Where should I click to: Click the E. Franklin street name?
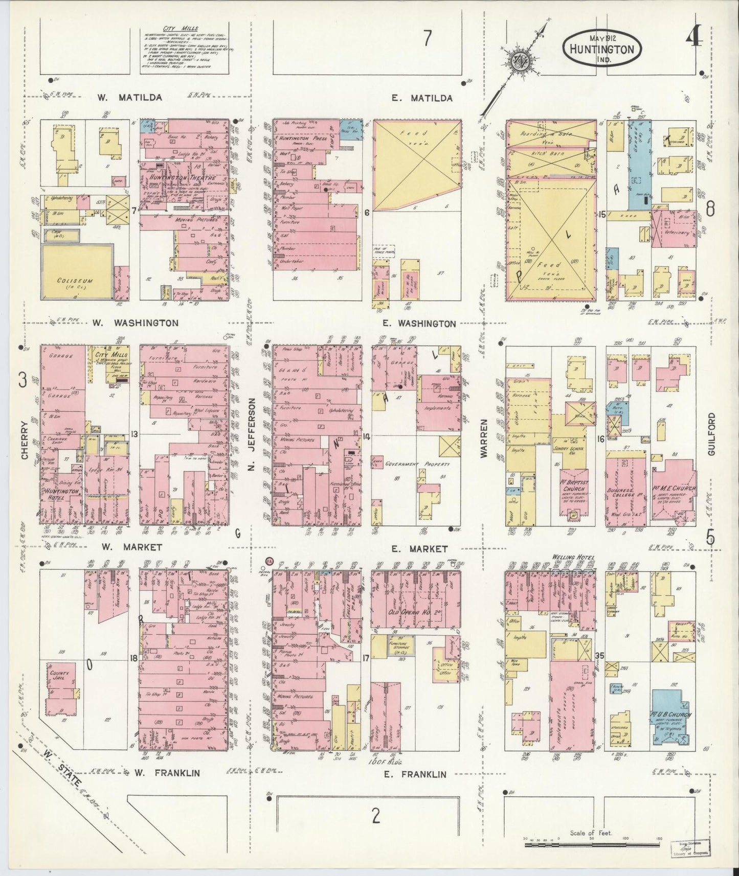tap(414, 774)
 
